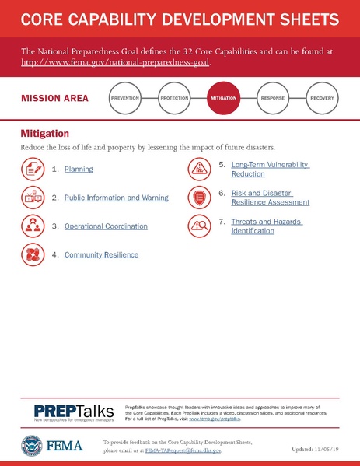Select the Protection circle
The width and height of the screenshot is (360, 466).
(x=174, y=100)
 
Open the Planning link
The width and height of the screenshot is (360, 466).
(x=79, y=168)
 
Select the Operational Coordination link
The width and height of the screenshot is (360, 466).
(x=106, y=226)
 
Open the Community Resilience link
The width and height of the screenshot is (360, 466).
(x=101, y=254)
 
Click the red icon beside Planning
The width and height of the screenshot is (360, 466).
(x=33, y=167)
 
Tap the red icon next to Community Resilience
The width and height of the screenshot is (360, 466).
(x=33, y=254)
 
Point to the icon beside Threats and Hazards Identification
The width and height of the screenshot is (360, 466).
(x=199, y=226)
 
